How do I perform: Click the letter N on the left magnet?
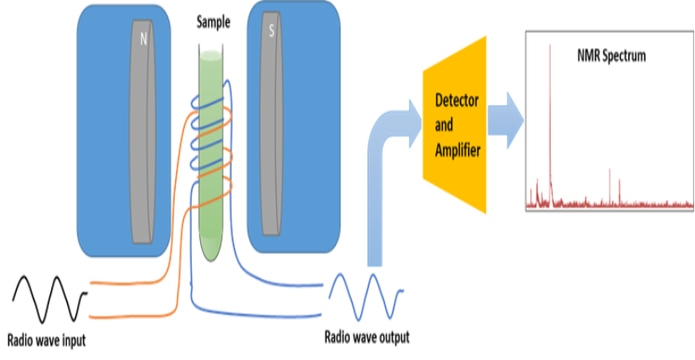coord(144,38)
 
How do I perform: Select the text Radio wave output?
coord(367,338)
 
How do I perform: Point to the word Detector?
coord(457,101)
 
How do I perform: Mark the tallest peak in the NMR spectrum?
coord(549,50)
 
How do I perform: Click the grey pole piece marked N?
coord(142,134)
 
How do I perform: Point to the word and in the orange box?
coord(445,125)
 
